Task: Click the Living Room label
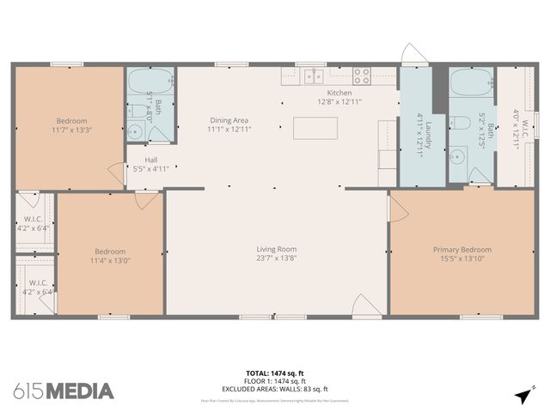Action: coord(276,249)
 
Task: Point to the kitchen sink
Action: coord(313,76)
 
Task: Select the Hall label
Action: coord(150,160)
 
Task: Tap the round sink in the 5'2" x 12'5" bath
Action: coord(457,157)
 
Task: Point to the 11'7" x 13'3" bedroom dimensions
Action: coord(71,130)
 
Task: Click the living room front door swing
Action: coord(361,305)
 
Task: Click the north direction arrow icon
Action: coord(522,394)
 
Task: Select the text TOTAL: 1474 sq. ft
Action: coord(275,373)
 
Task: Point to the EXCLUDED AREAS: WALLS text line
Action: coord(275,388)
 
